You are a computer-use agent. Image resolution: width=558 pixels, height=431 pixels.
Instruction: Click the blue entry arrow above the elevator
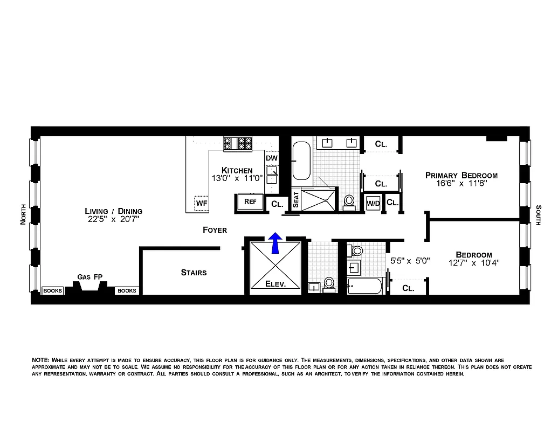(275, 242)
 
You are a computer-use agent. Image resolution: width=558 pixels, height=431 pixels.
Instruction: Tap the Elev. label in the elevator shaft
(275, 283)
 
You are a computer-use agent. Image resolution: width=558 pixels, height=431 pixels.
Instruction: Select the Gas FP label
(90, 277)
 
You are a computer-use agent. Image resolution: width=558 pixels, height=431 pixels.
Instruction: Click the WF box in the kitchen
(202, 203)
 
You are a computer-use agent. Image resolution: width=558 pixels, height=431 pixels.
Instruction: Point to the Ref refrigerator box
(250, 201)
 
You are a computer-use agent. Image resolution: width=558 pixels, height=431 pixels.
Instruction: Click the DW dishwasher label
(271, 158)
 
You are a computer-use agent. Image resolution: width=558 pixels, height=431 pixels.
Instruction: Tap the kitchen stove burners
(238, 143)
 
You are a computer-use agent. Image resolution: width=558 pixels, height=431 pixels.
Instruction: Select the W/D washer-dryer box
(373, 203)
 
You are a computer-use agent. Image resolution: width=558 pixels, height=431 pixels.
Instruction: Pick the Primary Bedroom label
(461, 175)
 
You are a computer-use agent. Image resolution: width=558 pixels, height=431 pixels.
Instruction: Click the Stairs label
(194, 273)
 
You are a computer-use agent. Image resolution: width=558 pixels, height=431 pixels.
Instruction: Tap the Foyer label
(215, 230)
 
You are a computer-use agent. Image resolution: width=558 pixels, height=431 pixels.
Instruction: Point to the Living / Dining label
(113, 211)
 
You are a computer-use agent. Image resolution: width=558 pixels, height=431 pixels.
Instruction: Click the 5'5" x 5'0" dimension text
(410, 260)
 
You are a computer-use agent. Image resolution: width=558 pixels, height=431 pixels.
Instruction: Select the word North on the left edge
(23, 214)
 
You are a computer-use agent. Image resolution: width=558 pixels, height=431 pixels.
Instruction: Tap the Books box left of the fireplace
(53, 290)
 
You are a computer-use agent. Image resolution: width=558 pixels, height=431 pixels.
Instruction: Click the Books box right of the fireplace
(127, 290)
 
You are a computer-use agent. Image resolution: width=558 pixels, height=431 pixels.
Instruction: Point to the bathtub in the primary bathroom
(301, 160)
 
